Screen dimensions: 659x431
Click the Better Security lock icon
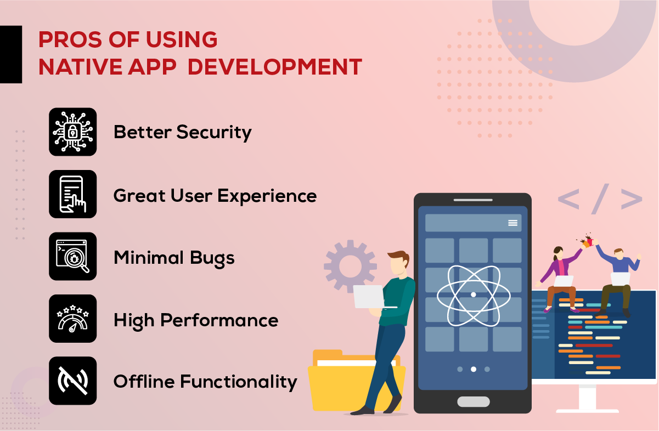coord(72,132)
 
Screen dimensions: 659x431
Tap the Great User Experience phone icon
coord(72,194)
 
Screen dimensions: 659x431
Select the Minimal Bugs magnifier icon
coord(72,257)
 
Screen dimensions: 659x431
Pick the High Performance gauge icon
coord(72,319)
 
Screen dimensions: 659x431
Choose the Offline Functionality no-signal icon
coord(72,381)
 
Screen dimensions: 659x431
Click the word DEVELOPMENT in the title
coord(275,67)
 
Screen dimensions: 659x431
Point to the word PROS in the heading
coord(70,39)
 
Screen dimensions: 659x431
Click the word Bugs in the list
coord(212,259)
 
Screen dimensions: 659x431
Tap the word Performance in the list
coord(219,320)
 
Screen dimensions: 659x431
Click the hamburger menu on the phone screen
coord(513,223)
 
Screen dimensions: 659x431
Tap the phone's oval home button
coord(474,401)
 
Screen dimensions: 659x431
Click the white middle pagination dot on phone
coord(474,369)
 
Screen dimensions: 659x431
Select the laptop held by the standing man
coord(371,297)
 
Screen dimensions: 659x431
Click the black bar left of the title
coord(11,54)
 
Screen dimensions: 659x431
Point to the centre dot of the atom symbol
coord(474,294)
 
